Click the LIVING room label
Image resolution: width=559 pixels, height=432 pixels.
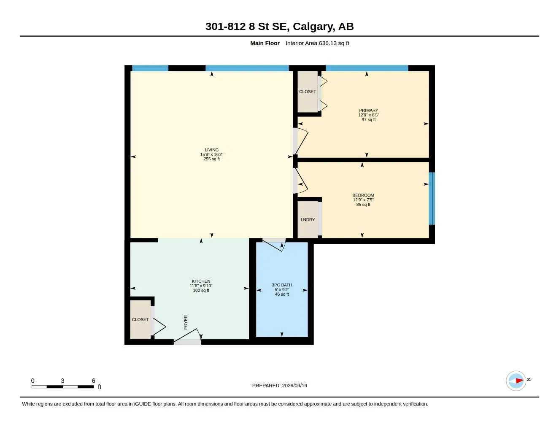tap(211, 150)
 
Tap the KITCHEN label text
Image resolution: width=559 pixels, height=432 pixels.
tap(201, 281)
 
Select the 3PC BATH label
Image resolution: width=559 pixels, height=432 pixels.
tap(282, 285)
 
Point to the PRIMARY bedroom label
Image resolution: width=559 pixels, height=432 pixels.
tap(368, 110)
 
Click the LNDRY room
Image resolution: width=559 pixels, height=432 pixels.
tap(308, 220)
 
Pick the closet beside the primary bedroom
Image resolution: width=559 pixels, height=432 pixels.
tap(308, 92)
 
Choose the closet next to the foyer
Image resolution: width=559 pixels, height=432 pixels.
tap(140, 319)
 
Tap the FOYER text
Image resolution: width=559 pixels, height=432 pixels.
tap(186, 322)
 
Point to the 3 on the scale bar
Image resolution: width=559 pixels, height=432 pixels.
tap(62, 381)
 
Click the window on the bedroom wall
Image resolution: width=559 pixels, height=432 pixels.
tap(432, 199)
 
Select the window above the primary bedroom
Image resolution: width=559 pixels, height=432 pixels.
tap(367, 68)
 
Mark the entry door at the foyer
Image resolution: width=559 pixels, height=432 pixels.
tap(188, 337)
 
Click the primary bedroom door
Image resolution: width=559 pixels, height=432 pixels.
tap(300, 141)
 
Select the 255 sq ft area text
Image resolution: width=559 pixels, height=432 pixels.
tap(211, 159)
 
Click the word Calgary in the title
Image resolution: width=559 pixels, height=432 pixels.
tap(314, 27)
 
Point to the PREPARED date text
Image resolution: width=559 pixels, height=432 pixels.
tap(279, 386)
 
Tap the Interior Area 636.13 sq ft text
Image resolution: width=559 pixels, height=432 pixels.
tap(317, 43)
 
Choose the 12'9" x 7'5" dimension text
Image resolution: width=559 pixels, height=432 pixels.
tap(363, 200)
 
